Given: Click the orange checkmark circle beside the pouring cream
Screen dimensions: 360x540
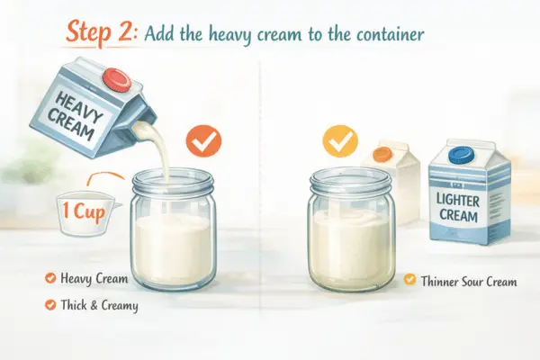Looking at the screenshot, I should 202,142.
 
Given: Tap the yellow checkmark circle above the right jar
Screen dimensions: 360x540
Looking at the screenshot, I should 339,142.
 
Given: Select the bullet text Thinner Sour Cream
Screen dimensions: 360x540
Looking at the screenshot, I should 468,281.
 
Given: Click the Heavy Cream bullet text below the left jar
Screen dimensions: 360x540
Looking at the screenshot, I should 94,280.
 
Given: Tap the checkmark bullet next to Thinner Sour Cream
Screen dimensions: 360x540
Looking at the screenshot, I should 409,281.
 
